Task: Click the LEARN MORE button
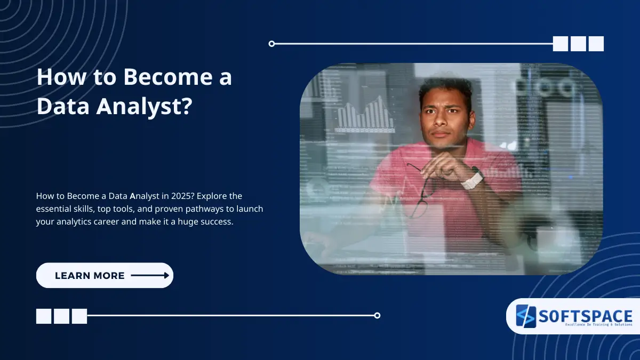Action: point(105,276)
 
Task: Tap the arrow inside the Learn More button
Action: point(150,276)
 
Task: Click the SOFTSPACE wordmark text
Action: point(585,316)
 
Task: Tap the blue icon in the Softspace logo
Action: point(525,316)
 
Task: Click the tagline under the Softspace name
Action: point(585,325)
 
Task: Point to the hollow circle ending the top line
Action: point(272,44)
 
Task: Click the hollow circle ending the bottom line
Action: point(377,315)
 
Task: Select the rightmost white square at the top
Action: point(596,44)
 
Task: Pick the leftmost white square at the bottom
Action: point(44,316)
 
